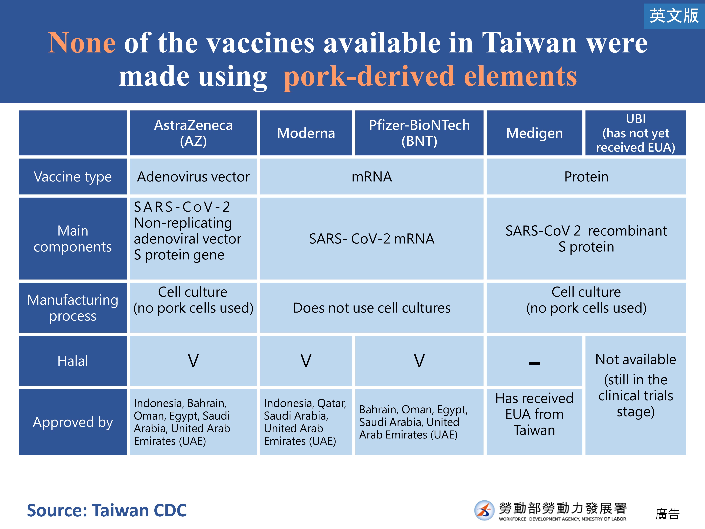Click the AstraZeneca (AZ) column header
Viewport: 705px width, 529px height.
(193, 133)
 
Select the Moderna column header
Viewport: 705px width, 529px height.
(306, 133)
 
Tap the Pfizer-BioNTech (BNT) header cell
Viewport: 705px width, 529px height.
(419, 133)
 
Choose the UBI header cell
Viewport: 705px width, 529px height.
(636, 133)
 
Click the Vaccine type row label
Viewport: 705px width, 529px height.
(73, 177)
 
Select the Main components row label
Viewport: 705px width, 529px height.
(73, 238)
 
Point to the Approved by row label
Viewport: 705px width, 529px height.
(73, 422)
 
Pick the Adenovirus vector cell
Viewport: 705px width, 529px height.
(193, 177)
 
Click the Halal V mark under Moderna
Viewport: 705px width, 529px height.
(306, 361)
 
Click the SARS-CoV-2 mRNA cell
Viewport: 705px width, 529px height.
(372, 238)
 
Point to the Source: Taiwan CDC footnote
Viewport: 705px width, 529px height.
(107, 510)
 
